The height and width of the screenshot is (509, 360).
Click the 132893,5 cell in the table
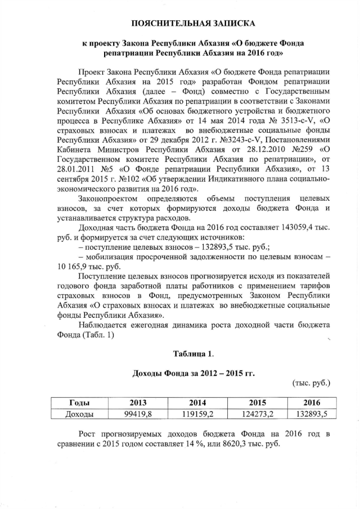click(x=311, y=414)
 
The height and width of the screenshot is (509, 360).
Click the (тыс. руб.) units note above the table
click(x=311, y=383)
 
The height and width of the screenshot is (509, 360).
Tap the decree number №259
click(x=287, y=150)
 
